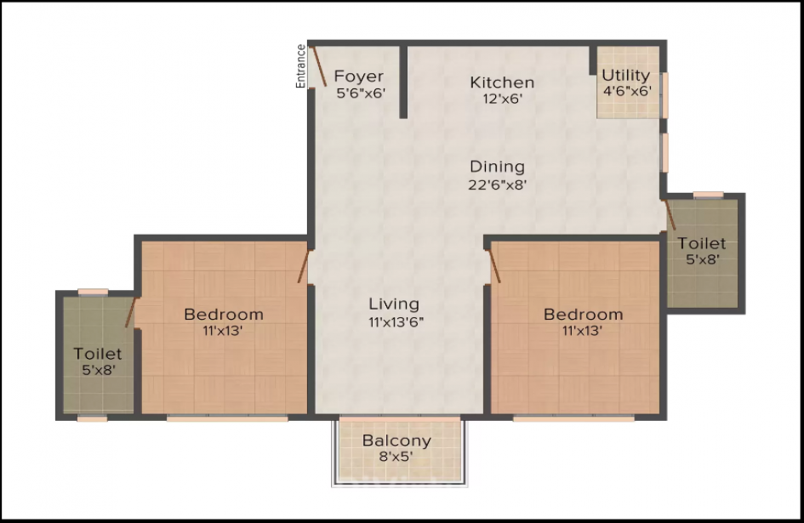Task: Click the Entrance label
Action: click(301, 66)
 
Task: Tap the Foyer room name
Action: click(359, 77)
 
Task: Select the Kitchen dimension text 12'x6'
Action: click(503, 99)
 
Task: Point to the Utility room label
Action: click(626, 76)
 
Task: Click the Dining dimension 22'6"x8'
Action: click(498, 185)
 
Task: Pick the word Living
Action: click(394, 304)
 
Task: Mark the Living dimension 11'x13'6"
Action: click(395, 322)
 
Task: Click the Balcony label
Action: click(396, 441)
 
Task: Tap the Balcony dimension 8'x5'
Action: click(396, 457)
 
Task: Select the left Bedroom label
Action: click(224, 315)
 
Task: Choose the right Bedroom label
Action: click(584, 315)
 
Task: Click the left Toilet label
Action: click(98, 354)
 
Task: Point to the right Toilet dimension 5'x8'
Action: click(702, 259)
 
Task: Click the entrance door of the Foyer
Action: click(319, 66)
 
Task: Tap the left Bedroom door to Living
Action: click(304, 266)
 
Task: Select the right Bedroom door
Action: click(493, 266)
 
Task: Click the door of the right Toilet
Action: click(670, 215)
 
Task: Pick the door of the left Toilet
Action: click(131, 312)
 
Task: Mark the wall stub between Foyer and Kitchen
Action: click(403, 82)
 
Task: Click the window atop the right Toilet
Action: click(708, 195)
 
